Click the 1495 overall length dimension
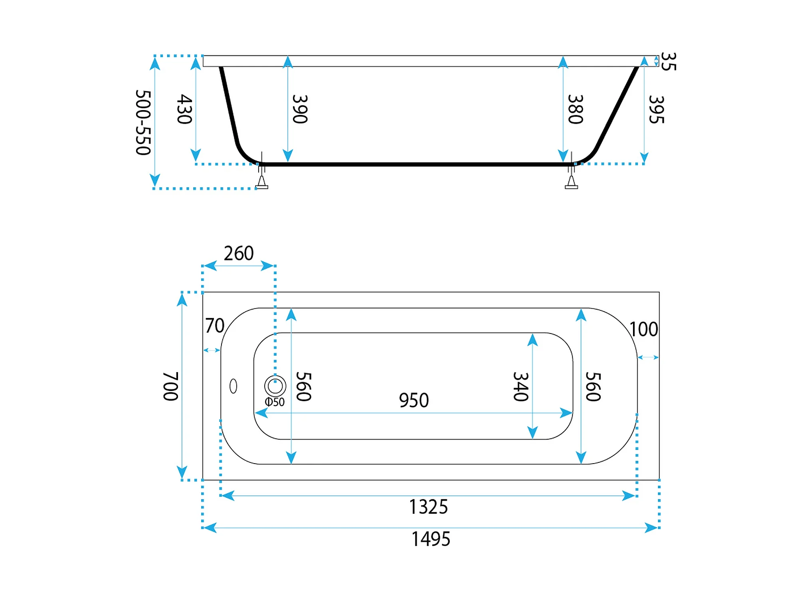pyautogui.click(x=431, y=539)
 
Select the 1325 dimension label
pyautogui.click(x=429, y=507)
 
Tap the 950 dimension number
pyautogui.click(x=414, y=400)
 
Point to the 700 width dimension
pyautogui.click(x=170, y=386)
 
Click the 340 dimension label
pyautogui.click(x=521, y=386)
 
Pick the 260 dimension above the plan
pyautogui.click(x=239, y=253)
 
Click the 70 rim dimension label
pyautogui.click(x=215, y=326)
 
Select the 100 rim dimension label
pyautogui.click(x=644, y=330)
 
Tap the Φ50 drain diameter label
pyautogui.click(x=275, y=402)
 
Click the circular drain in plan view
pyautogui.click(x=275, y=386)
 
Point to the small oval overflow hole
pyautogui.click(x=233, y=386)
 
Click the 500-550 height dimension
pyautogui.click(x=143, y=122)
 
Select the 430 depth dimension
pyautogui.click(x=184, y=109)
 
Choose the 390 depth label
pyautogui.click(x=300, y=109)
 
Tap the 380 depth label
pyautogui.click(x=576, y=109)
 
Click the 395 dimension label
pyautogui.click(x=656, y=109)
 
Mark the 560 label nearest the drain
pyautogui.click(x=303, y=386)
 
